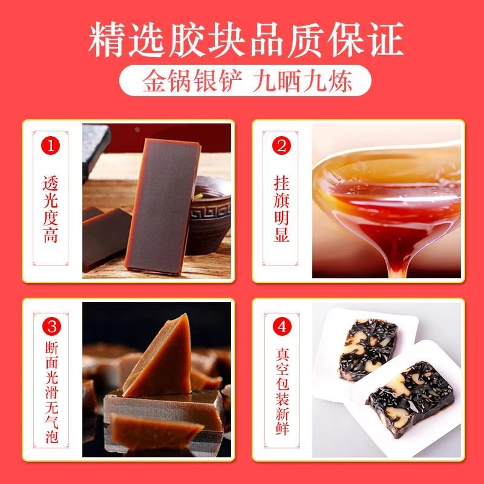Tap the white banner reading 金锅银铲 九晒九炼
[242, 81]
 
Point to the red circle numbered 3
[51, 327]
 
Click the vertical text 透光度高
[51, 209]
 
